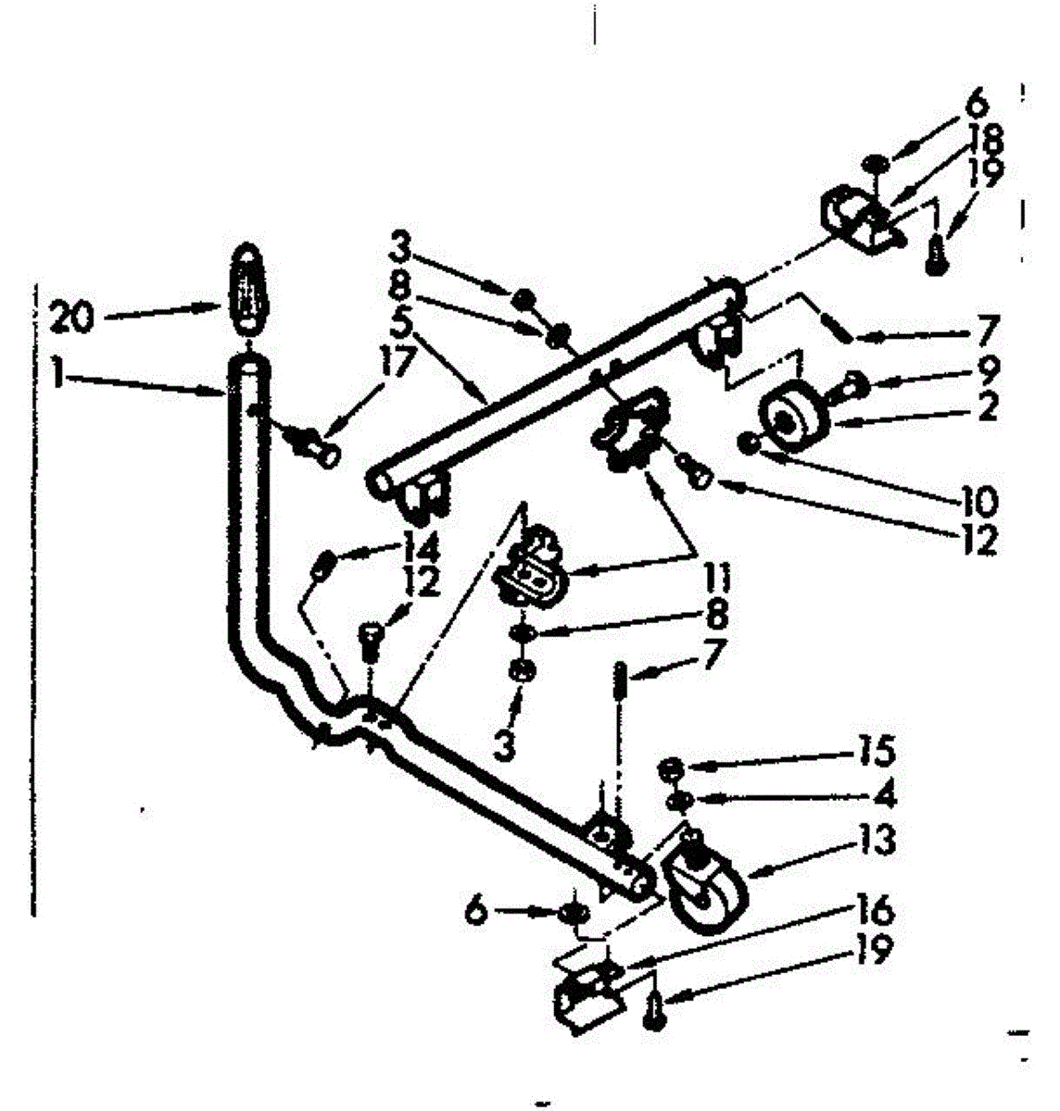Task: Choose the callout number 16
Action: tap(874, 913)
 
